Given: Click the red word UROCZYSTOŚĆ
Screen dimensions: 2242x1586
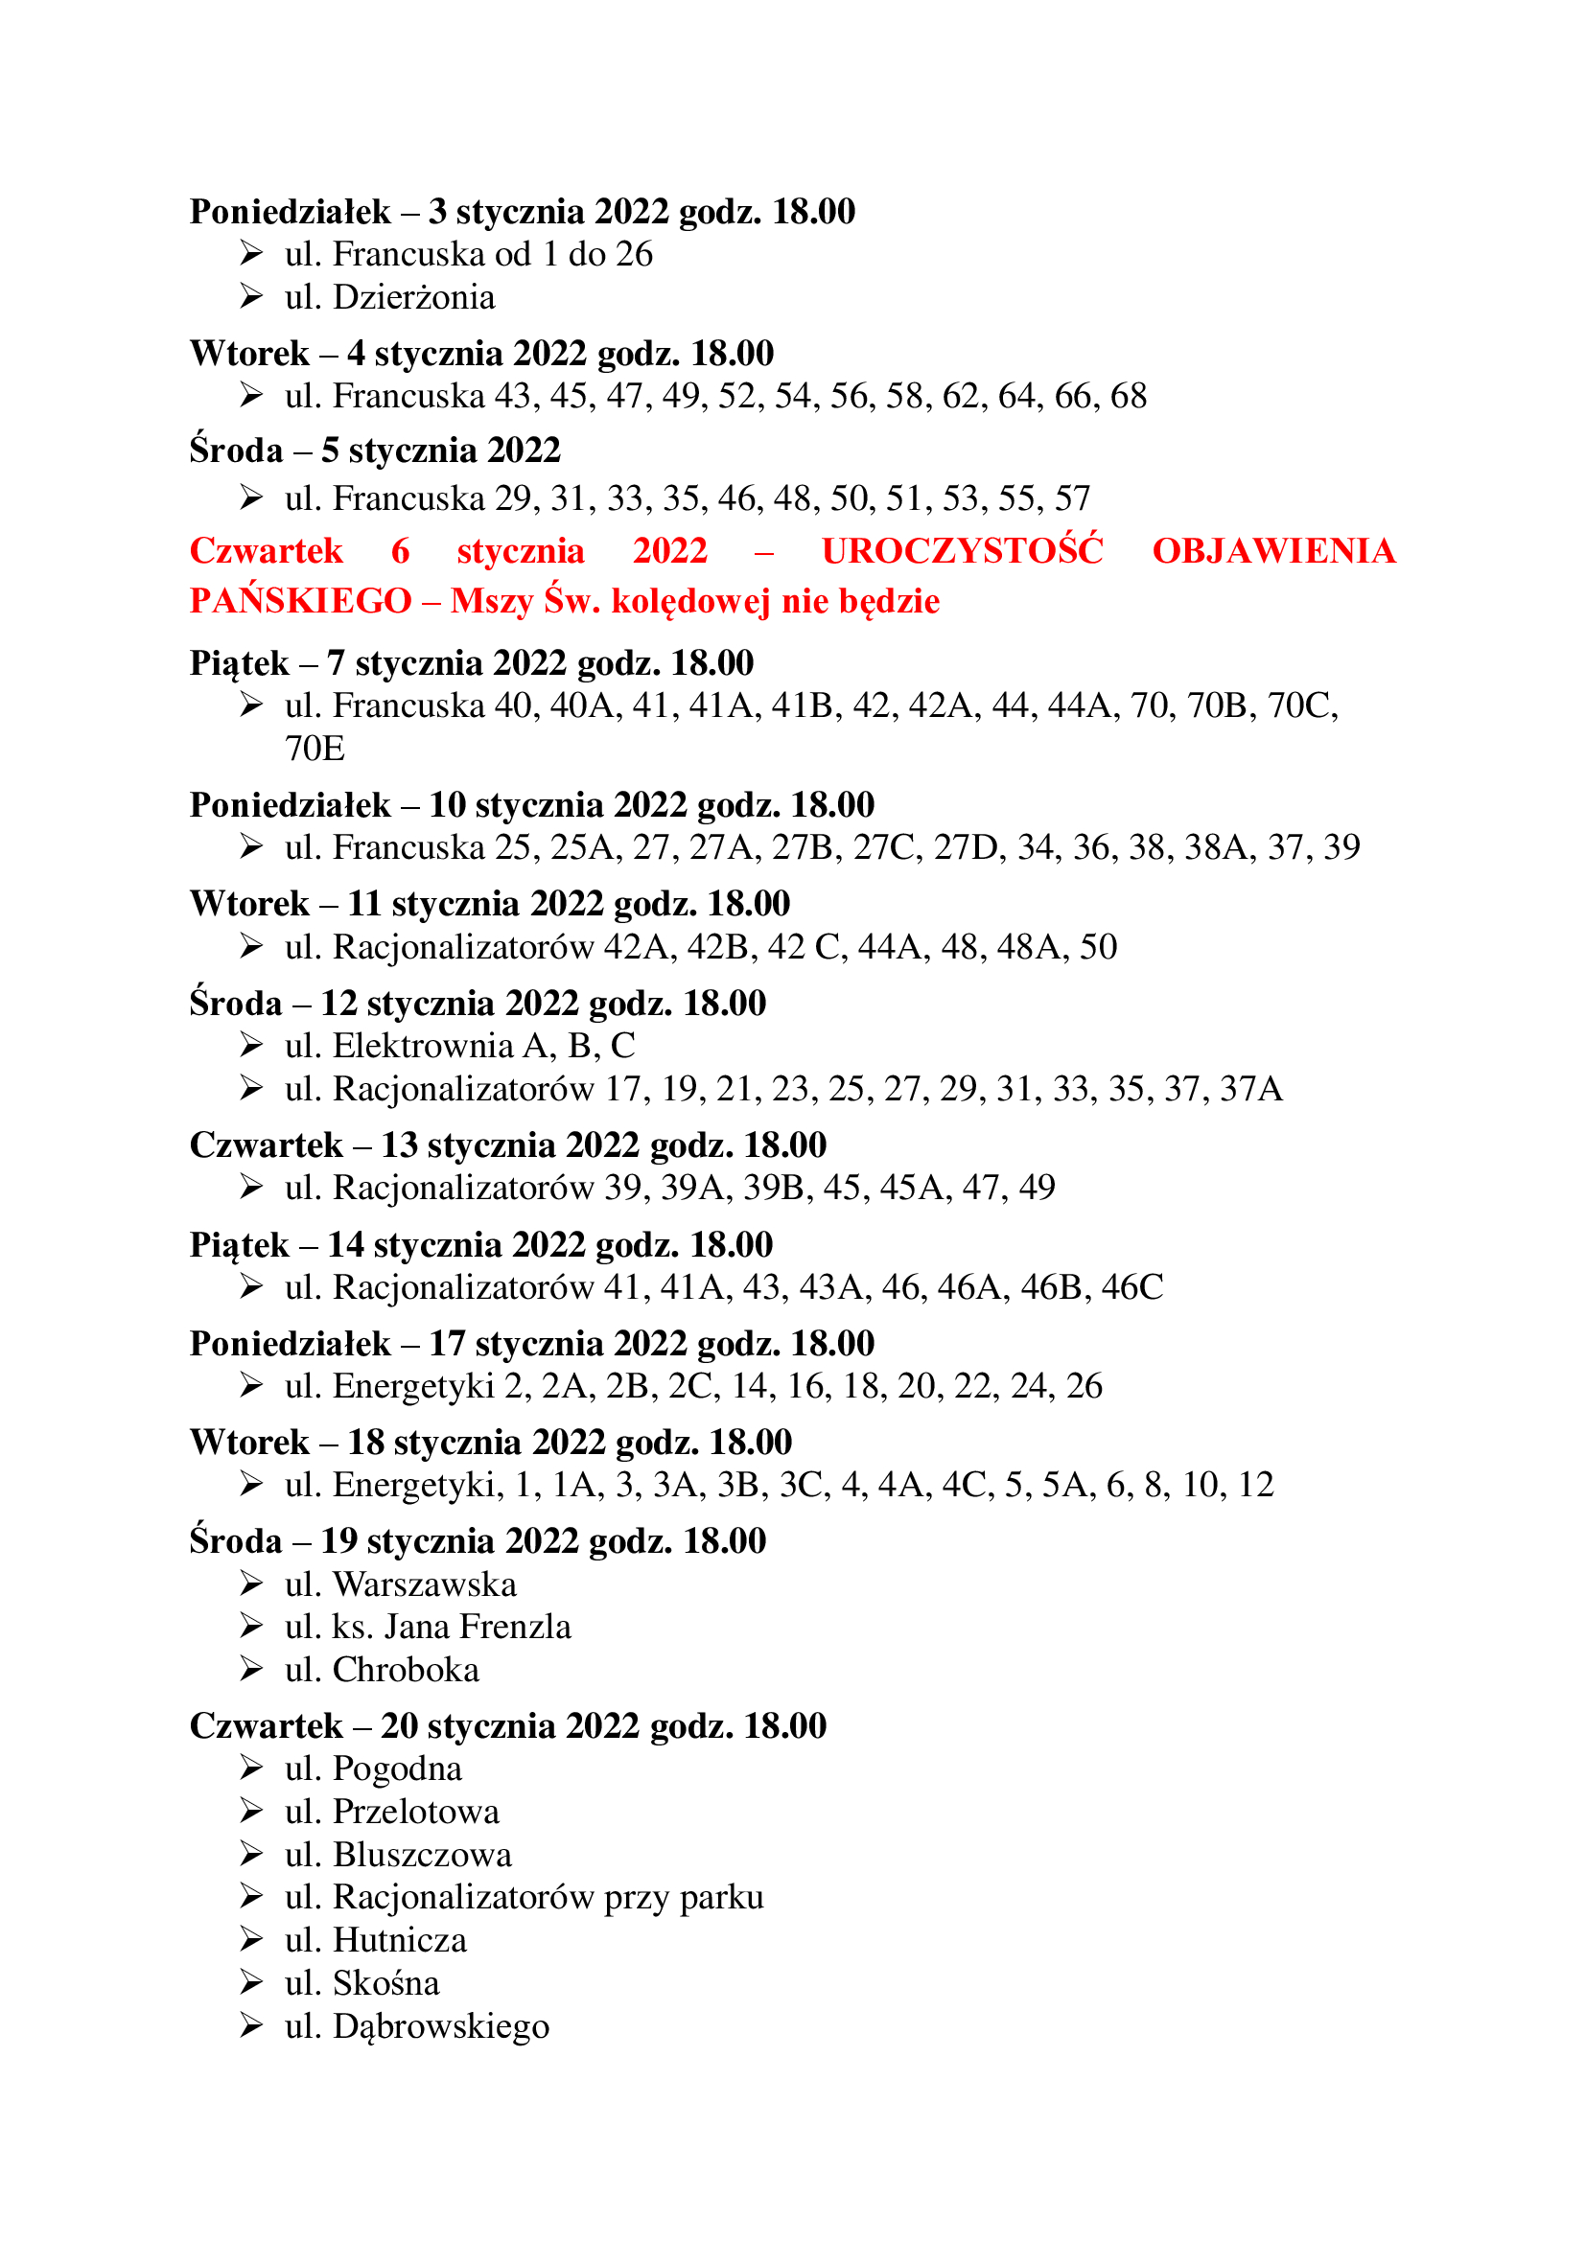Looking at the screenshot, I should (962, 552).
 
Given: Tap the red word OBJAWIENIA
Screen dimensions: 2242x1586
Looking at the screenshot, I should (1273, 552).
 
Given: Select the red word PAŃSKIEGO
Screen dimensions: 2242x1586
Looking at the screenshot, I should (300, 602).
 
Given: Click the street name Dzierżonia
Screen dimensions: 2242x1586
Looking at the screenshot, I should (414, 297).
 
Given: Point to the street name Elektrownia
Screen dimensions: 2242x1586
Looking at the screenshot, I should (423, 1046).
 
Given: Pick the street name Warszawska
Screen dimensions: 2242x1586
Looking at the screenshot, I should (425, 1583).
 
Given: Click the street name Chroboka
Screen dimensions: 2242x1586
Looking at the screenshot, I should (407, 1670).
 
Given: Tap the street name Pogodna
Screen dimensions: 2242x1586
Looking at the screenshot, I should (398, 1768).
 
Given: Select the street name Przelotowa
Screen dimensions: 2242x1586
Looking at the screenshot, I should (416, 1812).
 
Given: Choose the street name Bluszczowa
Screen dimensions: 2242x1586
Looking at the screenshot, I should (422, 1855).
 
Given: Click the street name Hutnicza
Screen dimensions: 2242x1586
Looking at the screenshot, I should (400, 1939).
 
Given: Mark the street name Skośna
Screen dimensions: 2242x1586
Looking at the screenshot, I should (385, 1982).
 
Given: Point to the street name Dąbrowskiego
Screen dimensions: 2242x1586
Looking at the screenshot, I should (441, 2027).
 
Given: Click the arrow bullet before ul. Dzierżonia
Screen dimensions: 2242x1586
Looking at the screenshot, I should (251, 296).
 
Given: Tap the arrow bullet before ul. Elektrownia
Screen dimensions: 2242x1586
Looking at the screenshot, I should (251, 1045).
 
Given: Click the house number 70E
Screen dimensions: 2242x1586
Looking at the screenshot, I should (315, 749).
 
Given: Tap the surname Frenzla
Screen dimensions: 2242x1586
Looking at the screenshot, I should (515, 1627).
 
